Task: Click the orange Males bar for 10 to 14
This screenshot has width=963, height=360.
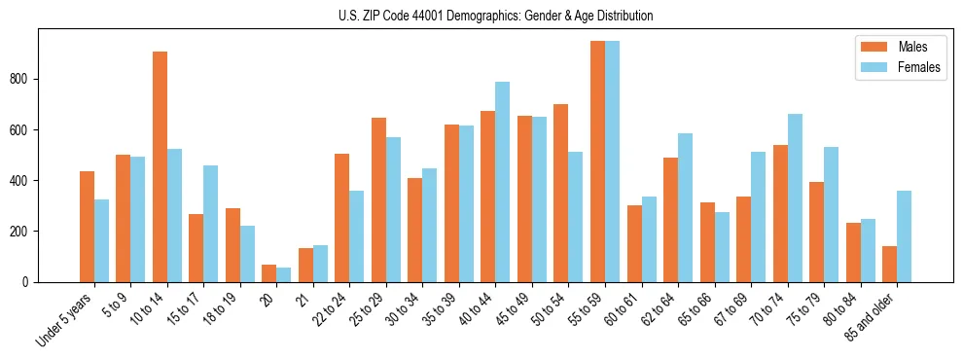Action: (x=160, y=166)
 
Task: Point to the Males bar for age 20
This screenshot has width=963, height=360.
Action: (x=268, y=273)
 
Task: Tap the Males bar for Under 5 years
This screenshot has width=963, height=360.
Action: (x=87, y=227)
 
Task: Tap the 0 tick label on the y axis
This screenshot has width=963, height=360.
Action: (x=29, y=282)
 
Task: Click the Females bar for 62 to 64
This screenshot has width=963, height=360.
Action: (x=685, y=207)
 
